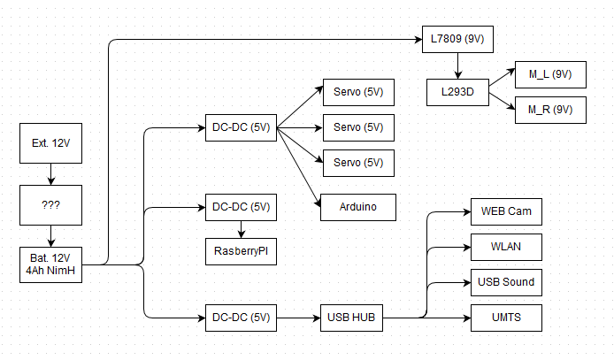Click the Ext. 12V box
(x=50, y=144)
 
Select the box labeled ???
(x=50, y=206)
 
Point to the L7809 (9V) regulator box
(x=456, y=40)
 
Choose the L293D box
(x=457, y=92)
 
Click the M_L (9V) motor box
(x=550, y=75)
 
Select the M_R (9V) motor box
(x=550, y=110)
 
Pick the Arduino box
(x=357, y=207)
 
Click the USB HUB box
(x=352, y=317)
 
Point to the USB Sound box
(x=505, y=282)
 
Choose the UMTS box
(x=505, y=317)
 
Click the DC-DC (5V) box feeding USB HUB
(x=241, y=317)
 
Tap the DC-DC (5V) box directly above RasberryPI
(x=241, y=207)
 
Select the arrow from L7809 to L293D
(x=457, y=65)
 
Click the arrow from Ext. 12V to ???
(x=50, y=174)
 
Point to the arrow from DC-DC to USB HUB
(x=298, y=317)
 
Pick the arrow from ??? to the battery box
(x=50, y=236)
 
